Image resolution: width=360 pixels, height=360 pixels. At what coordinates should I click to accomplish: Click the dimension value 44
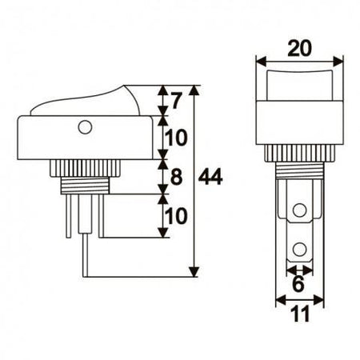pyautogui.click(x=210, y=177)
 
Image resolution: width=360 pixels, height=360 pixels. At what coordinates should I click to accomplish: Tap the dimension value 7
pyautogui.click(x=176, y=101)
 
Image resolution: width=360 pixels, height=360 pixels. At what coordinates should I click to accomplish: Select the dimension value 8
pyautogui.click(x=176, y=177)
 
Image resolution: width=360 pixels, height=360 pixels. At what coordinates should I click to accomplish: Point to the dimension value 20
pyautogui.click(x=299, y=48)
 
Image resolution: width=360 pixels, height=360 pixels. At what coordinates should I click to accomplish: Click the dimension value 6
pyautogui.click(x=298, y=284)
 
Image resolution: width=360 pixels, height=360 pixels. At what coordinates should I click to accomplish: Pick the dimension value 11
pyautogui.click(x=300, y=314)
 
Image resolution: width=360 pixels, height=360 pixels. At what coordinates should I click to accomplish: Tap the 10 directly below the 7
pyautogui.click(x=175, y=138)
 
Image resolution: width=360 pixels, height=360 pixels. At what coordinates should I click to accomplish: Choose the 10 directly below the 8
pyautogui.click(x=175, y=216)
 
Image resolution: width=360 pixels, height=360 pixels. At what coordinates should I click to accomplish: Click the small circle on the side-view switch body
pyautogui.click(x=85, y=127)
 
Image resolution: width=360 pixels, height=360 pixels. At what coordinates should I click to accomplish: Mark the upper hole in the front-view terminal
pyautogui.click(x=299, y=210)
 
